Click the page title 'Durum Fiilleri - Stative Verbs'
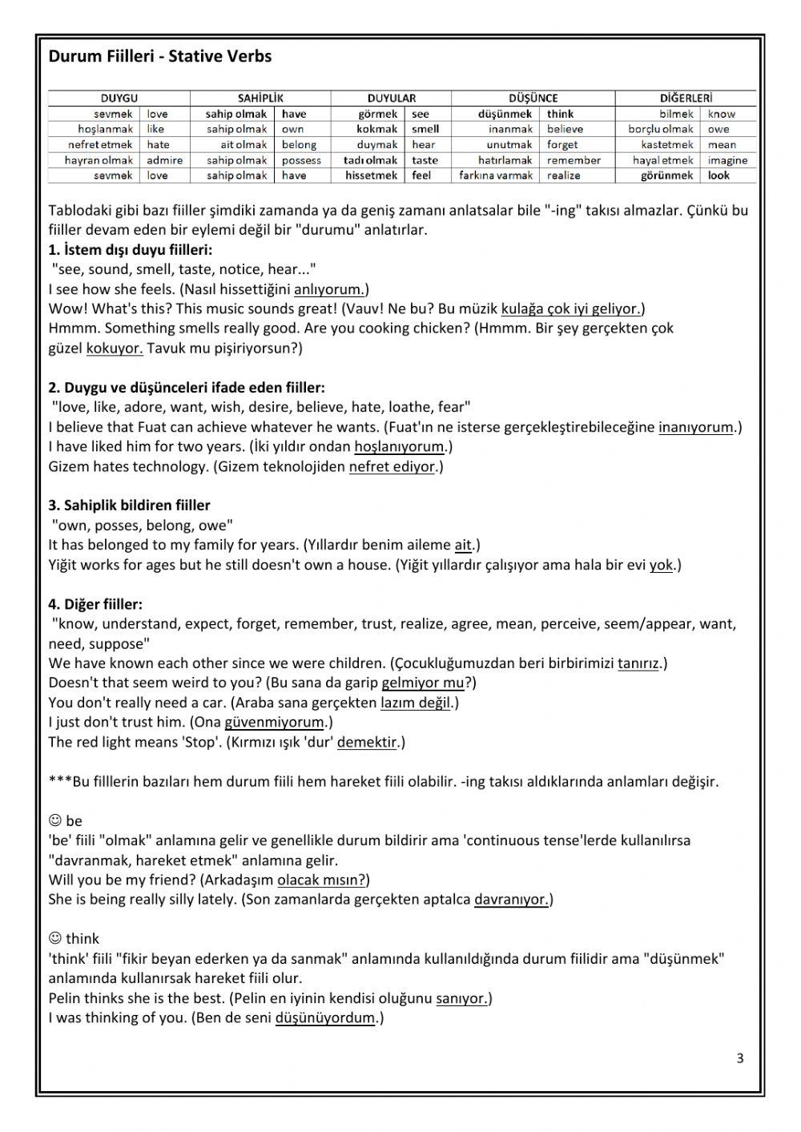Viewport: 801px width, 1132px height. coord(160,56)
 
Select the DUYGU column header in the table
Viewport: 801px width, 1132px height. coord(119,99)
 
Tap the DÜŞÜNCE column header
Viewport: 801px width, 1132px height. coord(533,99)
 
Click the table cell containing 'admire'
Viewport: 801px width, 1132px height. coord(164,160)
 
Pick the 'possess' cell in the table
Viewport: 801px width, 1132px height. coord(301,160)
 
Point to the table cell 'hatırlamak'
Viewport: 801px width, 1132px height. coord(505,160)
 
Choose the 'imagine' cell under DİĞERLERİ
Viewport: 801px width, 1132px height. coord(727,160)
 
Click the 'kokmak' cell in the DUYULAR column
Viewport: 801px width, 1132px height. coord(376,129)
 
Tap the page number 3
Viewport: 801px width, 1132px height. coord(739,1058)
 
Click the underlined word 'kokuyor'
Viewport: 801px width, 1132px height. coord(114,348)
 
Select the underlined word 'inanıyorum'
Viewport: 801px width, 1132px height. coord(695,428)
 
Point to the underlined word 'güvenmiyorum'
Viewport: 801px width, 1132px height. coord(274,723)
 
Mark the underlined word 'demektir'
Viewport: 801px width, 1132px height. coord(367,743)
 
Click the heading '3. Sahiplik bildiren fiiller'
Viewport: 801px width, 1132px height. coord(129,506)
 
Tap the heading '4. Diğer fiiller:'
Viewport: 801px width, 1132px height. coord(95,605)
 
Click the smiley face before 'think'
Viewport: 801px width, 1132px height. coord(55,938)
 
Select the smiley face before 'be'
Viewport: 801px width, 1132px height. coord(55,820)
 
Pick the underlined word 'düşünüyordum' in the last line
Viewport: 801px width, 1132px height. coord(325,1018)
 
